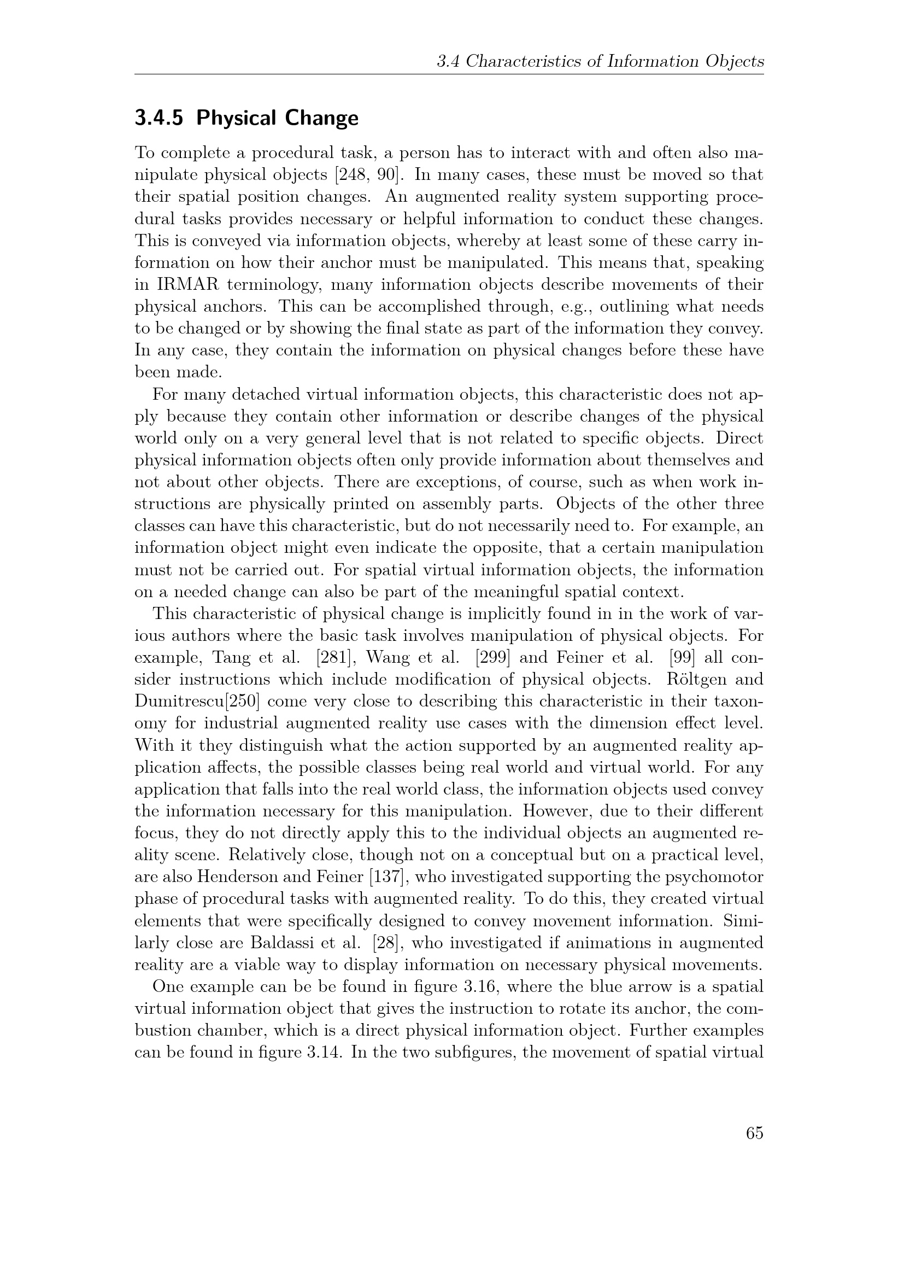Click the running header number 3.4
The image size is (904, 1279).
448,61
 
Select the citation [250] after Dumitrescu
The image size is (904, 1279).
241,702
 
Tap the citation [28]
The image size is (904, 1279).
384,943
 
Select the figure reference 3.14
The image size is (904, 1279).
320,1052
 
